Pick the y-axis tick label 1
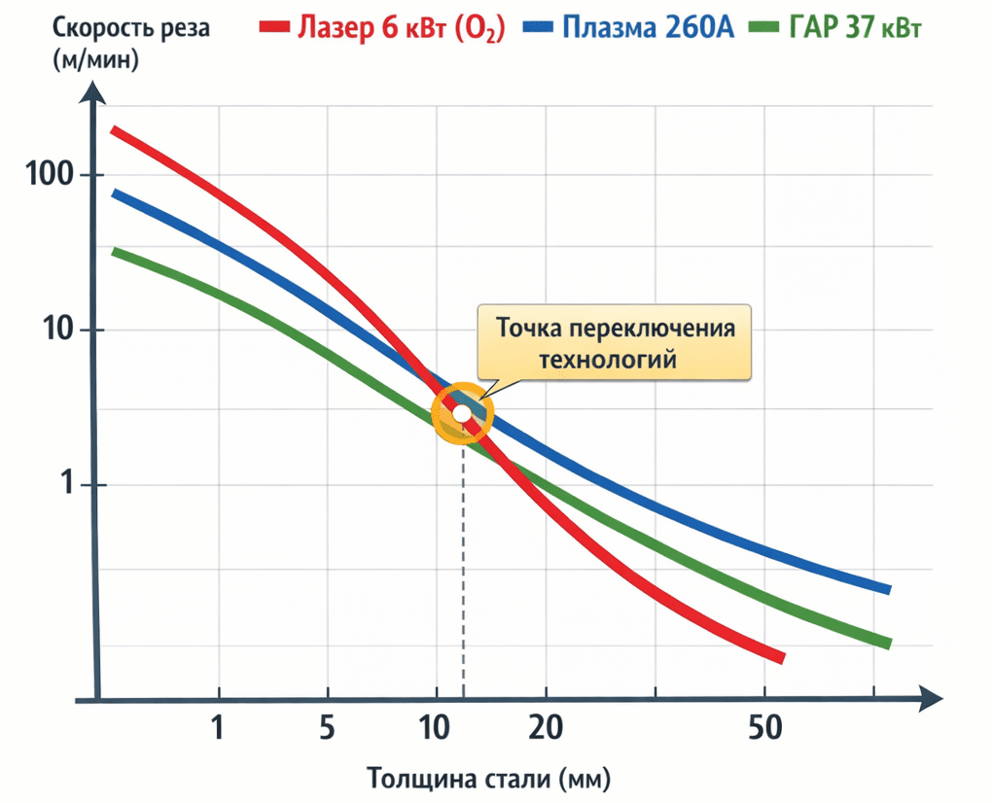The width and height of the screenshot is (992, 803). pyautogui.click(x=69, y=485)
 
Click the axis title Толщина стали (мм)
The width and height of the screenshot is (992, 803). pyautogui.click(x=489, y=779)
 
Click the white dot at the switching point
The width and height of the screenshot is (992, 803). pyautogui.click(x=463, y=415)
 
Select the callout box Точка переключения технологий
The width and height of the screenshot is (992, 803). pyautogui.click(x=615, y=343)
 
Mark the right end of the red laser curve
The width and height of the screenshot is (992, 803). pyautogui.click(x=780, y=658)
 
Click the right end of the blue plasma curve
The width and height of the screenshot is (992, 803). pyautogui.click(x=887, y=588)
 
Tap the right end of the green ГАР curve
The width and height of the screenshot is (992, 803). pyautogui.click(x=887, y=643)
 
